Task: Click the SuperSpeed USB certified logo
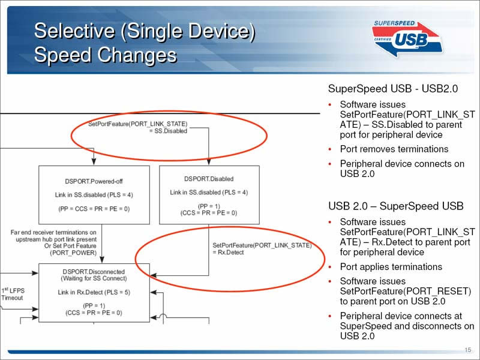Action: tap(407, 39)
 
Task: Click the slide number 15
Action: tap(468, 350)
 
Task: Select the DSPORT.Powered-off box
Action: tap(94, 195)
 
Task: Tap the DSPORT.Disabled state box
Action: tap(209, 195)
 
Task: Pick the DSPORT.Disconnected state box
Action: tap(94, 293)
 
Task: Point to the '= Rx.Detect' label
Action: tap(228, 253)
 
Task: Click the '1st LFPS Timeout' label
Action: tap(13, 294)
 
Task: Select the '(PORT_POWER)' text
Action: tap(73, 253)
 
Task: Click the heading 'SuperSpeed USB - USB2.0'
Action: tap(393, 88)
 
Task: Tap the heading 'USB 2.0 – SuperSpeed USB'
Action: tap(396, 206)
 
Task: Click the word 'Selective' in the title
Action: tap(74, 31)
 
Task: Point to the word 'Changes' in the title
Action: tap(137, 55)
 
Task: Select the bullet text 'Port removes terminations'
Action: tap(394, 149)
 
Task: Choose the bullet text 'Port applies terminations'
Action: tap(391, 266)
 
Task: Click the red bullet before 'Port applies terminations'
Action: tap(330, 267)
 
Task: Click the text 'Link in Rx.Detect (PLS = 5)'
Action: tap(94, 292)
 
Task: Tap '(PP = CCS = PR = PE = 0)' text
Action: tap(94, 209)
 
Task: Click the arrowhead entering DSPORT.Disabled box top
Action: tap(209, 162)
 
